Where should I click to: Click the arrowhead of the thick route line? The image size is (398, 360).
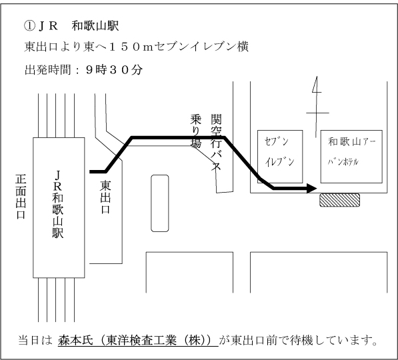pos(312,189)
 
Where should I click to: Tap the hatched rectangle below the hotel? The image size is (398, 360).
pos(339,200)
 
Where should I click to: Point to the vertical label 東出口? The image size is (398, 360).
pos(105,197)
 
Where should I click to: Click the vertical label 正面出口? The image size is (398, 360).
pos(21,197)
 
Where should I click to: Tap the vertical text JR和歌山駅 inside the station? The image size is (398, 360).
pos(58,205)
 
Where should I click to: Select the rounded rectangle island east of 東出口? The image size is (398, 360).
pos(160,203)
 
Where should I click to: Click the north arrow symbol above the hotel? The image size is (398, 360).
pos(316,107)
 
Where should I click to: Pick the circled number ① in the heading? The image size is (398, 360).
pos(29,26)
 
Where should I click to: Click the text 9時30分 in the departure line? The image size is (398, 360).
pos(114,70)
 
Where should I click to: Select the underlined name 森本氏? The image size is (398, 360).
pos(75,341)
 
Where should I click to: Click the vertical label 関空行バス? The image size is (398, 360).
pos(216,142)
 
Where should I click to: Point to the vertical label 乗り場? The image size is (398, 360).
pos(196,131)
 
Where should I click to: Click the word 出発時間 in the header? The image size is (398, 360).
pos(48,70)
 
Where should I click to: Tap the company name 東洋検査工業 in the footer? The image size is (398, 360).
pos(141,341)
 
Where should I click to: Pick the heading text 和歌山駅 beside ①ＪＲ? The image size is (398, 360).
pos(95,26)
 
